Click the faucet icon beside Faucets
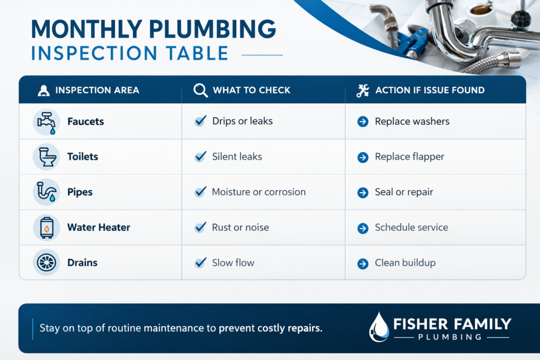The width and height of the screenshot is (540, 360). coord(46,122)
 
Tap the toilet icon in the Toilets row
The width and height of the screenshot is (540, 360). coord(46,157)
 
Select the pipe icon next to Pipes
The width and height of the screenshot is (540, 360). coord(46,192)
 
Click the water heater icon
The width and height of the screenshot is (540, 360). coord(46,228)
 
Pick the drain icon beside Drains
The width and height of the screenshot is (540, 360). coord(46,262)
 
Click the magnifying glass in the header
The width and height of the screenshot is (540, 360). coord(200,90)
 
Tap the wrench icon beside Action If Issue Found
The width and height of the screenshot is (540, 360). coord(363,91)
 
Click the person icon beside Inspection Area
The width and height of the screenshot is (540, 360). coord(43,91)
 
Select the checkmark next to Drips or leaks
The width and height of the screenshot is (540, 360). coord(200,121)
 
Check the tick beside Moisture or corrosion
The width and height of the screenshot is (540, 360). coord(200,192)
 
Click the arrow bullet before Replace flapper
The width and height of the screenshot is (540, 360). coord(363,157)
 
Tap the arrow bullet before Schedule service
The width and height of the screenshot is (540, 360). coord(363,228)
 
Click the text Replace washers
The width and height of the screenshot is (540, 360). coord(412,121)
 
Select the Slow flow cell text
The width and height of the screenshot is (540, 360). coord(233,263)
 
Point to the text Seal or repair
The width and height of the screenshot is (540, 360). coord(404,192)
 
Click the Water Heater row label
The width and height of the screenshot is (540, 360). coord(99,228)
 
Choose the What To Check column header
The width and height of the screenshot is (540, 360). coord(252,90)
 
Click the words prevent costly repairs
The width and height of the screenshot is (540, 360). coord(271,328)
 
